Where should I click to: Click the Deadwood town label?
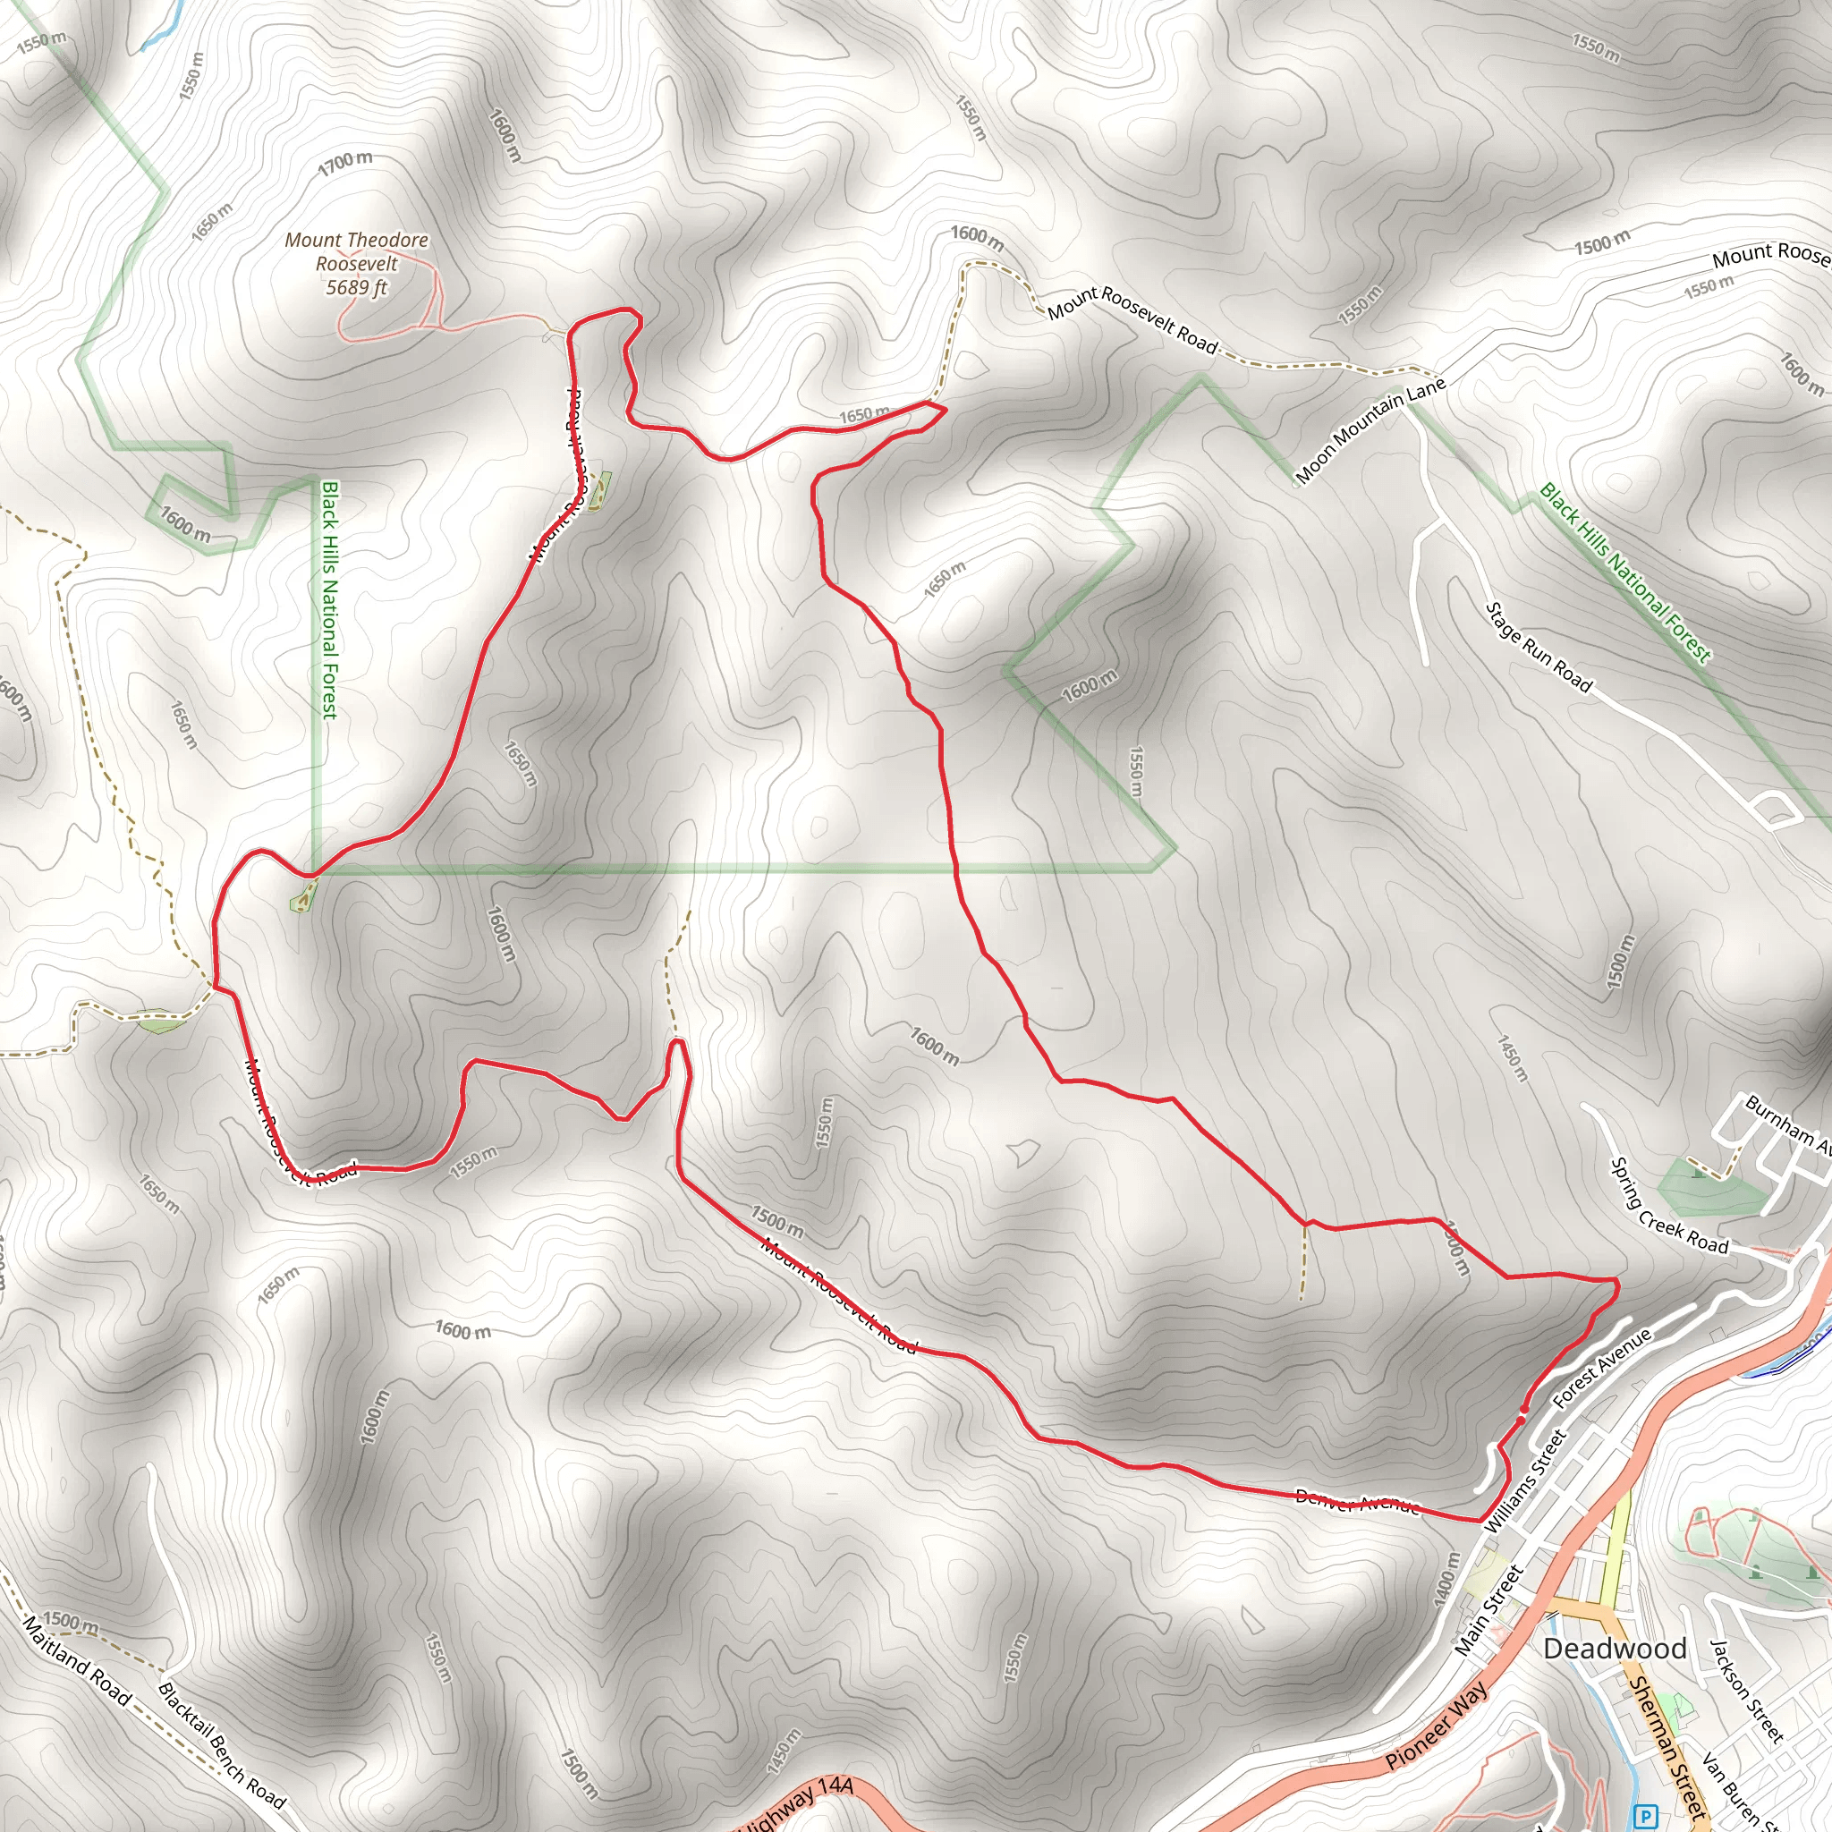pos(1614,1649)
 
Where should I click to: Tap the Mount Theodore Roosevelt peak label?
pos(357,252)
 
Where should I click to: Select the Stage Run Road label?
pos(1538,648)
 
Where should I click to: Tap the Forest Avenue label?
pos(1602,1368)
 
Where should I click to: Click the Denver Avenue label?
pos(1357,1502)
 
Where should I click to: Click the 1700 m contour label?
pos(345,163)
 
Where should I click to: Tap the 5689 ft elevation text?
pos(357,287)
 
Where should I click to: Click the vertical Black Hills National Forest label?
pos(329,599)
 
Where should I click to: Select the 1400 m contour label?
pos(1446,1578)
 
